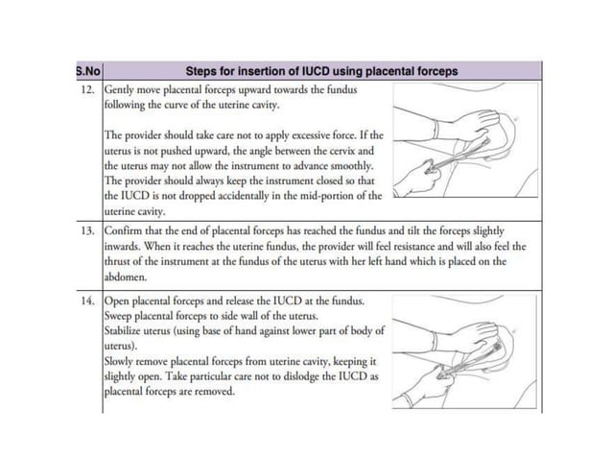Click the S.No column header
click(87, 71)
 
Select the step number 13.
click(88, 231)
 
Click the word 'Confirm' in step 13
click(129, 231)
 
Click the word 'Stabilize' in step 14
click(129, 329)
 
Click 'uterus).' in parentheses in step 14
click(123, 345)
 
